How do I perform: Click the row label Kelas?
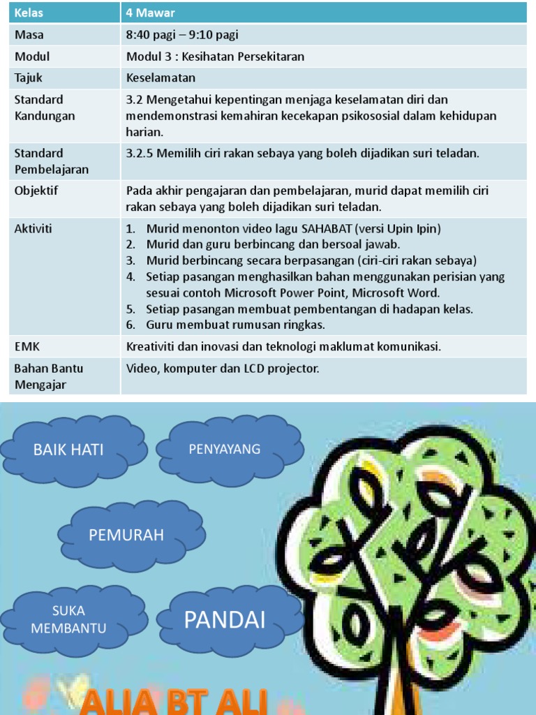[x=29, y=13]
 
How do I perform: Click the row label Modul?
[x=32, y=57]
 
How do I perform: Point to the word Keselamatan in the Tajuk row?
[x=161, y=78]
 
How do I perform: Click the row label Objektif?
[x=36, y=191]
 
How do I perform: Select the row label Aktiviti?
[x=33, y=228]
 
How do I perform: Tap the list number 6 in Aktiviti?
[x=131, y=325]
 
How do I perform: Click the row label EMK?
[x=27, y=346]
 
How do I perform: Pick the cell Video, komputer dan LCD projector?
[x=223, y=368]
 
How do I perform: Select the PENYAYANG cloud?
[x=225, y=449]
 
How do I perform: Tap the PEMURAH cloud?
[x=126, y=536]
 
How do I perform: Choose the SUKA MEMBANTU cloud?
[x=68, y=620]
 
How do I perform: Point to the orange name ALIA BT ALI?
[x=174, y=701]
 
